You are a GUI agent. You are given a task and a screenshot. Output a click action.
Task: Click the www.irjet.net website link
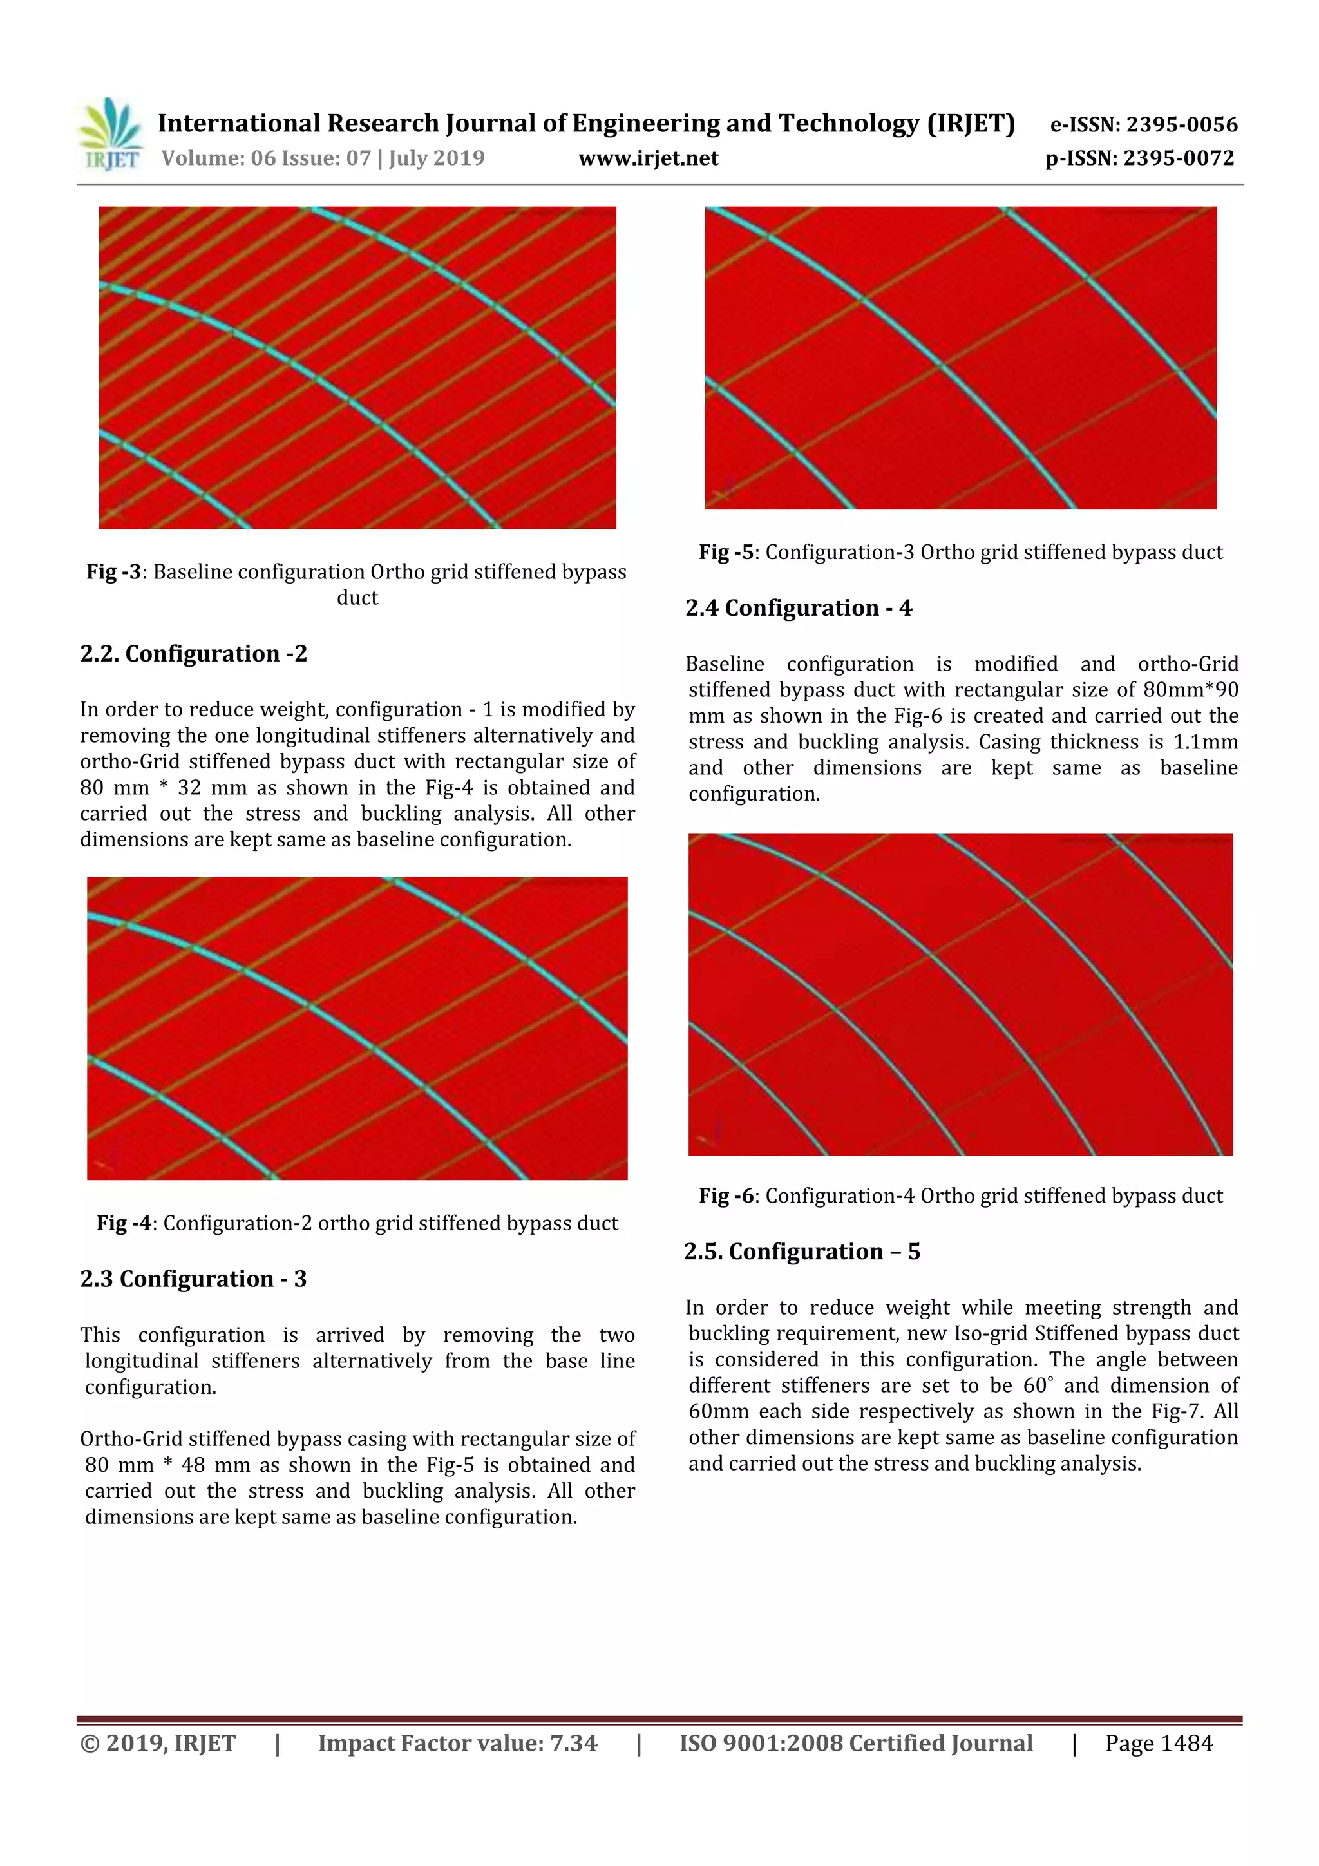click(648, 158)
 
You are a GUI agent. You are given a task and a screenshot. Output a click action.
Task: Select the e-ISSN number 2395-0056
click(1181, 125)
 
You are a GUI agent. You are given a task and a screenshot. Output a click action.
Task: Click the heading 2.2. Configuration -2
click(193, 653)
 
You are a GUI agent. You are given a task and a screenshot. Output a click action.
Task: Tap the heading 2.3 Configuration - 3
click(193, 1279)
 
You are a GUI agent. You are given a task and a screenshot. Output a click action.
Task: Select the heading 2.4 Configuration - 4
click(798, 608)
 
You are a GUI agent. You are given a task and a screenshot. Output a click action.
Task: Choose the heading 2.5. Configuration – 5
click(801, 1251)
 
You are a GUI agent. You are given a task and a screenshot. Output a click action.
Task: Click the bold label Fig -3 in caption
click(114, 572)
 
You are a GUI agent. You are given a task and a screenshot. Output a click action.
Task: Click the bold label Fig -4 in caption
click(124, 1223)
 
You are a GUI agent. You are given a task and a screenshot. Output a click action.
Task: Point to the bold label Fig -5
click(726, 553)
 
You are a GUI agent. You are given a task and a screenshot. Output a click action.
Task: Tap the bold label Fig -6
click(726, 1195)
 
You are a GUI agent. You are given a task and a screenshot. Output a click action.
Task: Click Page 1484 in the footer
click(1158, 1742)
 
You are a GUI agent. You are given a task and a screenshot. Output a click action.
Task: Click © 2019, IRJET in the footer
click(158, 1742)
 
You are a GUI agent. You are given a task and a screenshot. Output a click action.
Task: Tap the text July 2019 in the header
click(437, 158)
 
